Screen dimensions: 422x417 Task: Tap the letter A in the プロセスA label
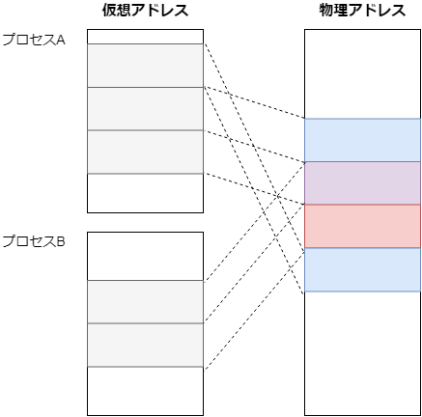coord(61,40)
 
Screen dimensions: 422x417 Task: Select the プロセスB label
coord(34,241)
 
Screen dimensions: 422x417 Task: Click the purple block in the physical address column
coord(362,183)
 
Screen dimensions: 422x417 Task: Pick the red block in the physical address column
coord(362,226)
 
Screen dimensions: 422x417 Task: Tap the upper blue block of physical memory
coord(362,140)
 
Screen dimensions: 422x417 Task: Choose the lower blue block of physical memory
coord(362,269)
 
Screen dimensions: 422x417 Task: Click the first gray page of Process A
coord(145,66)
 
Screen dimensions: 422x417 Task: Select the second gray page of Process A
coord(145,108)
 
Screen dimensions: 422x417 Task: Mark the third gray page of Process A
coord(145,152)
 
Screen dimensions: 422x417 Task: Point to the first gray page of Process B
coord(145,302)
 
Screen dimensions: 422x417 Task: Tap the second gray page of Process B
coord(145,345)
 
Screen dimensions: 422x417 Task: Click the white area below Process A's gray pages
coord(145,193)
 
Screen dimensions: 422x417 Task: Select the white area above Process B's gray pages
coord(145,256)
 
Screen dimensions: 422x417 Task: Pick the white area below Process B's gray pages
coord(145,391)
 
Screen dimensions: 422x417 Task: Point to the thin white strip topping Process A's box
coord(145,37)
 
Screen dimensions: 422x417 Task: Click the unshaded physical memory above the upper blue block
coord(362,74)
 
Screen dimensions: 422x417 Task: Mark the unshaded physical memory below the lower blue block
coord(362,353)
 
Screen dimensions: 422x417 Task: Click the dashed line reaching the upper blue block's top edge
coord(254,102)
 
